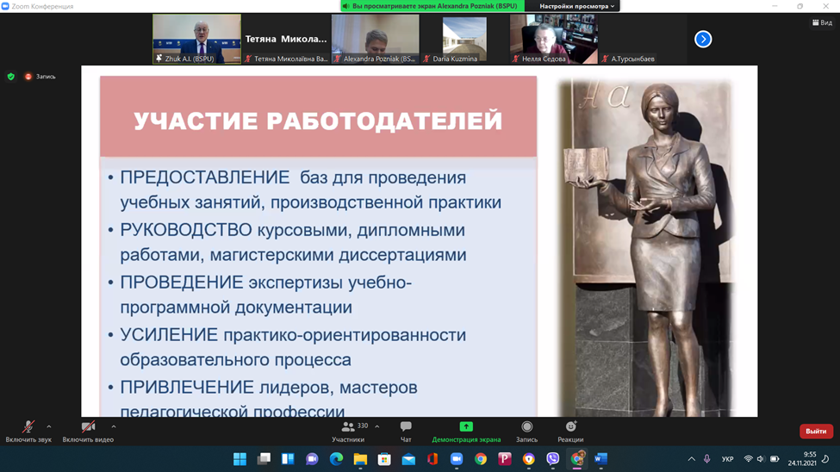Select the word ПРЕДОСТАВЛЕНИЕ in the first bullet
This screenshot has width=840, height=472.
205,178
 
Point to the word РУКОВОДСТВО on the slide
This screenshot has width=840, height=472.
185,231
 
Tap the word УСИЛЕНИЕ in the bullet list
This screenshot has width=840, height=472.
168,335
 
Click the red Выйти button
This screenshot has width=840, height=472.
815,431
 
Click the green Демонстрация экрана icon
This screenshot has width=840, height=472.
466,426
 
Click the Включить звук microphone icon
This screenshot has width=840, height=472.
28,427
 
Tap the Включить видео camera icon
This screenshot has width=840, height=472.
87,427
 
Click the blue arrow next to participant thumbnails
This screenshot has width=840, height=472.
703,39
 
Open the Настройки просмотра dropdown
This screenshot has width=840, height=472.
576,6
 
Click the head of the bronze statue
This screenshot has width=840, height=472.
645,110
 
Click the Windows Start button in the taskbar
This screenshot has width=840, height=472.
240,459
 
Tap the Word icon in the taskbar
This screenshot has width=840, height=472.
600,459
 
